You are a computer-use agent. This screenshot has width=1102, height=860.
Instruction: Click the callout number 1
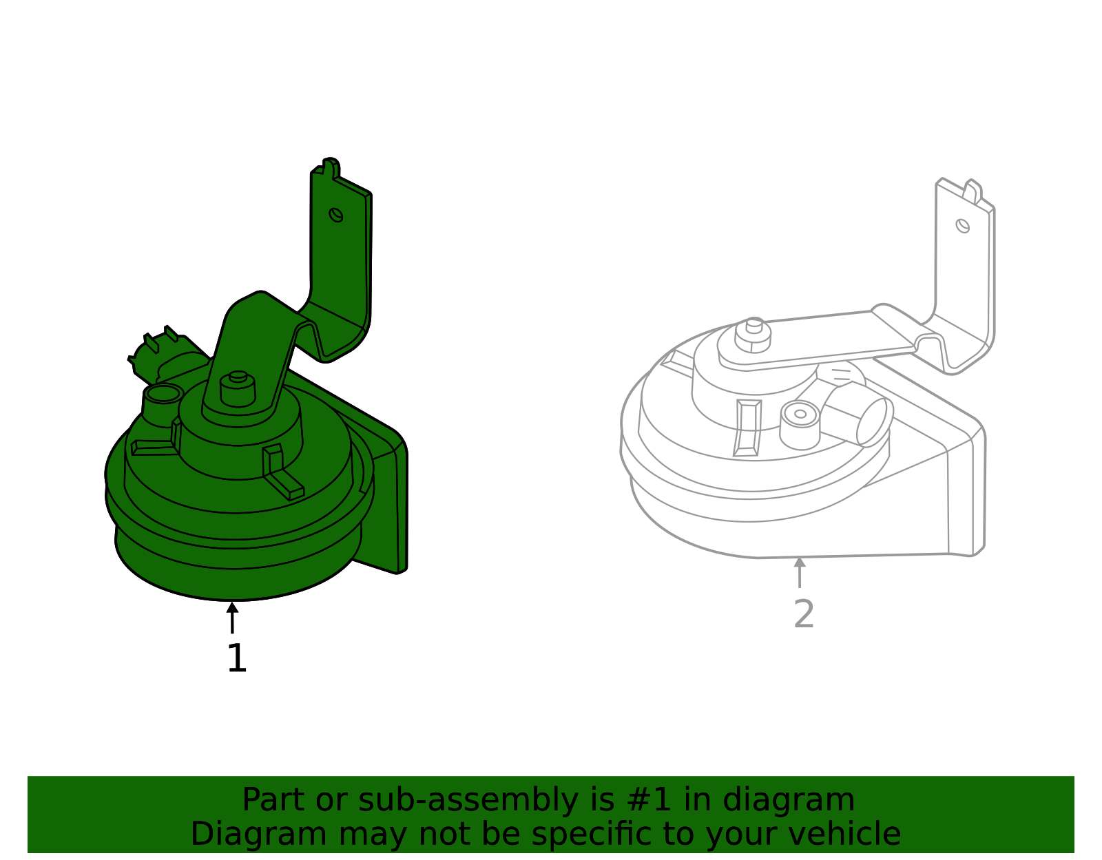236,659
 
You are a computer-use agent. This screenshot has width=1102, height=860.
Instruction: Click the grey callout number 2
804,614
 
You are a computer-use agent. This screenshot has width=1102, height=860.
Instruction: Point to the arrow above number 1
233,617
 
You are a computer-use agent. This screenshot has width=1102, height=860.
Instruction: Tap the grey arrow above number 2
800,572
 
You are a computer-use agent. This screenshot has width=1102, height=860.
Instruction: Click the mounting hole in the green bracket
336,215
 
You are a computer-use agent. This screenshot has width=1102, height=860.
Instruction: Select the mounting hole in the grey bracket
963,225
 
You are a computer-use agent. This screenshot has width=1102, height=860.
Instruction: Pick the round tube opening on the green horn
163,395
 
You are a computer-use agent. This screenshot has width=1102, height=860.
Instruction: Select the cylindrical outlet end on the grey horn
875,421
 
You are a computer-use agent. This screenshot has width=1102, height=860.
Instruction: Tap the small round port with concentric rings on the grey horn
800,415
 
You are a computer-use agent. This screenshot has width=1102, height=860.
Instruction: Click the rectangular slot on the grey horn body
748,427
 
